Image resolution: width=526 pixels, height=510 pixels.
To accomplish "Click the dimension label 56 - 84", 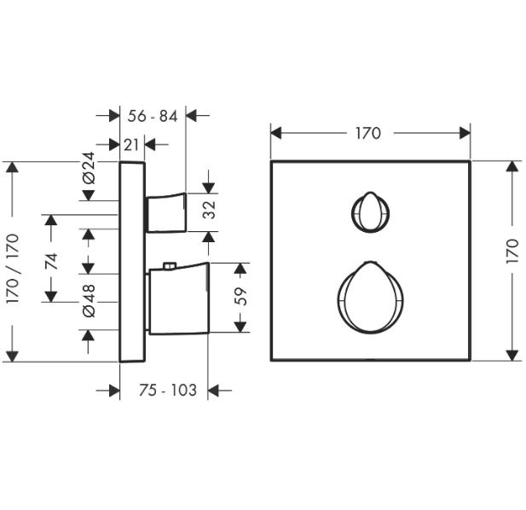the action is click(x=153, y=117).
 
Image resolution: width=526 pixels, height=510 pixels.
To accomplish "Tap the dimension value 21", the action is click(x=131, y=145).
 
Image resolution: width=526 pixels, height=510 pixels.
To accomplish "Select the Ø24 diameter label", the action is click(x=89, y=168).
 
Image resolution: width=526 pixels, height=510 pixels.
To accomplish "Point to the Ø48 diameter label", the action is click(x=89, y=301).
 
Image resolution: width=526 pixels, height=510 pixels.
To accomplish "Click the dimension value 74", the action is click(x=51, y=261).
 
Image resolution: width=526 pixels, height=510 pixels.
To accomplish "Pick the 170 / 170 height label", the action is click(x=13, y=269).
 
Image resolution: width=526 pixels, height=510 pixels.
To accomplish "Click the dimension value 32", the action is click(x=210, y=210).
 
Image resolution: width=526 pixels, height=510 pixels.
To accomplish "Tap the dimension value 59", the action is click(x=240, y=297).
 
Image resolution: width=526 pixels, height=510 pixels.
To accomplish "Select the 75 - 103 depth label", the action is click(x=168, y=390).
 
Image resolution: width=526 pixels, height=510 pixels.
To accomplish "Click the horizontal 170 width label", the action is click(x=368, y=133).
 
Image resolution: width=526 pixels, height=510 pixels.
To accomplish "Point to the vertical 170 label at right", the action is click(x=512, y=250).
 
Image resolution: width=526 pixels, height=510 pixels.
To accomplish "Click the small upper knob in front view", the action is click(x=370, y=212).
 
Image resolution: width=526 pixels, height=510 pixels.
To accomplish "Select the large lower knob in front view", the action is click(x=370, y=298).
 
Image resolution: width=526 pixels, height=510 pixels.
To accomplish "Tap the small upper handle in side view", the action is click(x=165, y=212).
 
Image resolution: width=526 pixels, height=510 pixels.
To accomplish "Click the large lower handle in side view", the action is click(x=178, y=299).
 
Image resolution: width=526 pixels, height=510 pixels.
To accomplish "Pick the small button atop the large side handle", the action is click(x=170, y=266).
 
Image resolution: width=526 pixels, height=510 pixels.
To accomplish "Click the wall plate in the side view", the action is click(x=132, y=262).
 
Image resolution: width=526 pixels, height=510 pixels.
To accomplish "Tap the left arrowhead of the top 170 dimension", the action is click(x=275, y=133).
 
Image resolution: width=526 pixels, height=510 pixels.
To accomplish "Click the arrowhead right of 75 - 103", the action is click(x=213, y=391).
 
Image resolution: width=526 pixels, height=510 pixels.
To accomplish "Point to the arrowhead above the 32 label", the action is click(x=209, y=188).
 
